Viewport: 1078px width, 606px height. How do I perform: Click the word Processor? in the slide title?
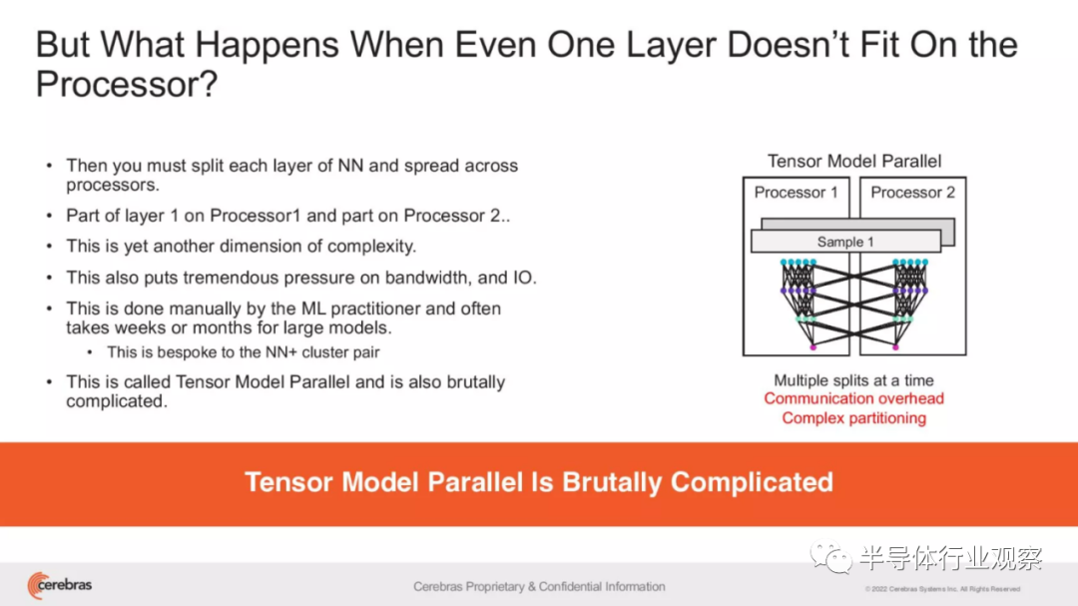click(x=127, y=84)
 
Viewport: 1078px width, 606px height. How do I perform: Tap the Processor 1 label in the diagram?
click(x=797, y=193)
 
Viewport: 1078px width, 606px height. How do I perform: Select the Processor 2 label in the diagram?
click(x=913, y=193)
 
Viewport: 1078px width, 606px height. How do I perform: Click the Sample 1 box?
click(x=845, y=242)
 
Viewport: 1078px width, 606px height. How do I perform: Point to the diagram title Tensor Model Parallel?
click(x=854, y=161)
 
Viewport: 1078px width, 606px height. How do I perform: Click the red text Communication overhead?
click(x=853, y=399)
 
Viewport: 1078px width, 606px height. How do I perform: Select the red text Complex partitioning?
click(x=853, y=418)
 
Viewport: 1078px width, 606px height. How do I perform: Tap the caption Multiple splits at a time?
click(x=853, y=380)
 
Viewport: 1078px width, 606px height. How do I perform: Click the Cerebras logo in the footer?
click(x=60, y=585)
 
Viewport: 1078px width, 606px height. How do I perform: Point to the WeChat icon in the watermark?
click(x=830, y=557)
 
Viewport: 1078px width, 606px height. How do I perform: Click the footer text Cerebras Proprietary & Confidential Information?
click(x=539, y=587)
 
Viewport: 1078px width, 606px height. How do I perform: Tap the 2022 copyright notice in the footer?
click(x=942, y=589)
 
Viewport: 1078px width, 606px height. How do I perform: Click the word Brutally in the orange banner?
click(x=613, y=482)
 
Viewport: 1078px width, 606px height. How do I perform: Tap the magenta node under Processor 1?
click(x=813, y=348)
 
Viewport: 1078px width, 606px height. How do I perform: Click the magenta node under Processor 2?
click(x=895, y=348)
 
